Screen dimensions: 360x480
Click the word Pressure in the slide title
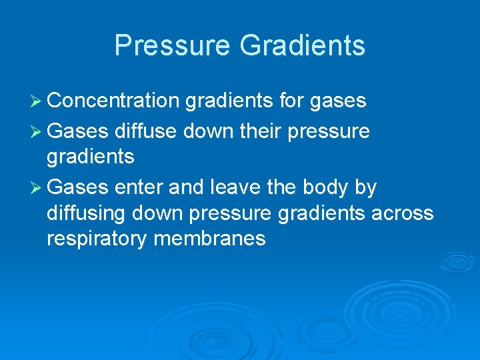[x=173, y=45]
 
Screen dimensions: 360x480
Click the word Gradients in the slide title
[x=302, y=45]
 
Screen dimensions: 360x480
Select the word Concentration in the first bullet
[x=113, y=101]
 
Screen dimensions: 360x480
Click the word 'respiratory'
[x=97, y=239]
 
